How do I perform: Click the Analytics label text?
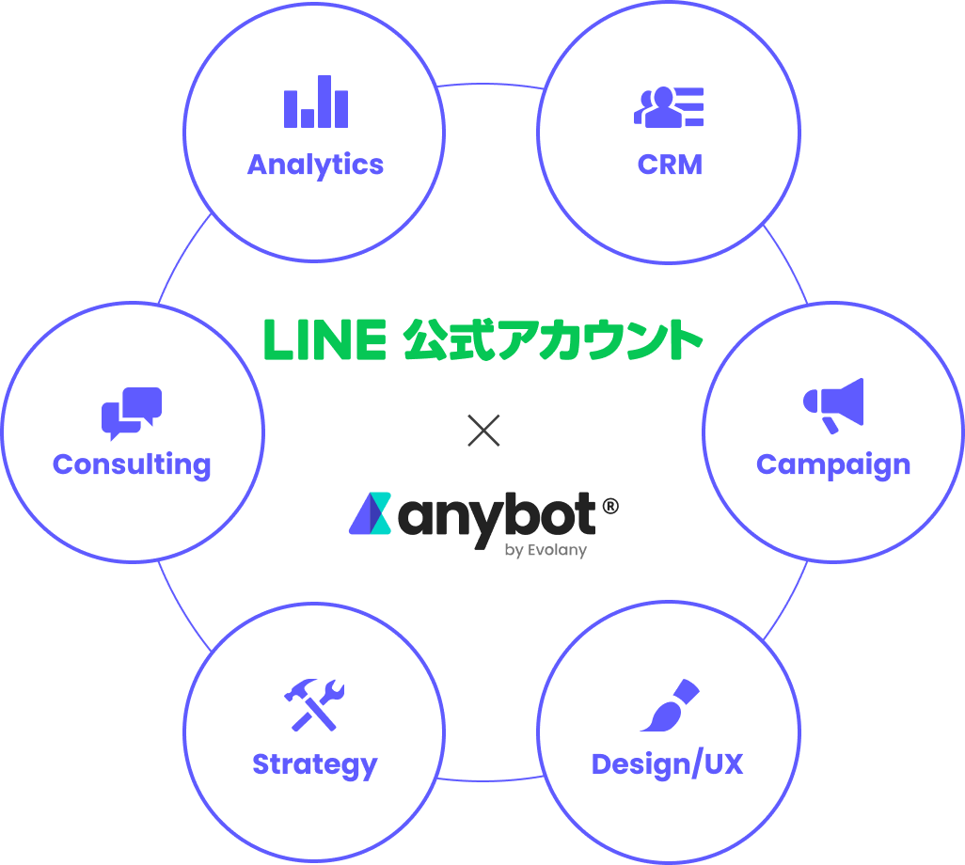pos(315,165)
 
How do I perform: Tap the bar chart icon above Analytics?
pos(316,103)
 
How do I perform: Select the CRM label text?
pos(670,165)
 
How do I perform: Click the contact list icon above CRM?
pos(669,106)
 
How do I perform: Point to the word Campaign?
pos(832,464)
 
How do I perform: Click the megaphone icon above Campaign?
pos(833,405)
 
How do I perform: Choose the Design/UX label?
pos(667,764)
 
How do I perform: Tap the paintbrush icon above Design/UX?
pos(670,705)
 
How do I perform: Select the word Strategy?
pos(314,764)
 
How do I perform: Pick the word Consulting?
pos(132,464)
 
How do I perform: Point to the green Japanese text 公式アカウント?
pos(553,340)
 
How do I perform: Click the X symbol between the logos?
pos(483,431)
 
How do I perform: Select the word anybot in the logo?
pos(498,516)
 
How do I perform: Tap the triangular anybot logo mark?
pos(369,513)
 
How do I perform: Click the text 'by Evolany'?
pos(546,551)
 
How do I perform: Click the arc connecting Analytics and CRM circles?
pos(490,86)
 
